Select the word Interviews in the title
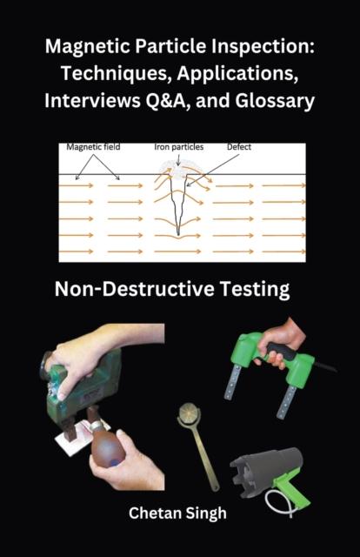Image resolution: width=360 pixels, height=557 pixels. [92, 101]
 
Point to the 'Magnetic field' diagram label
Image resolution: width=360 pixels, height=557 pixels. [93, 147]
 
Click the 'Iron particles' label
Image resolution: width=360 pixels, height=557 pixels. [179, 147]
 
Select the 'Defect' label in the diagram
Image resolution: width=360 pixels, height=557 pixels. [239, 147]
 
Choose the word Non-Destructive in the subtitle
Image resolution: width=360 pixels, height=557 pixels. [135, 289]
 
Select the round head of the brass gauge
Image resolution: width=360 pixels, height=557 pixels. [188, 413]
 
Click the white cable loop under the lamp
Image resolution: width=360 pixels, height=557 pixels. [281, 503]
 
